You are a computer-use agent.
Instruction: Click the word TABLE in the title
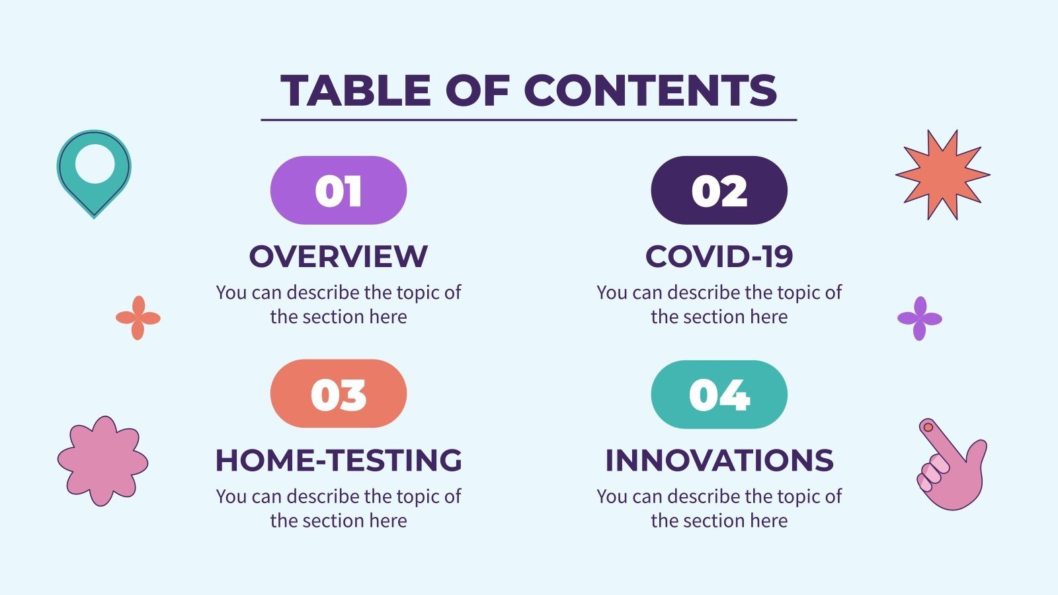pos(356,91)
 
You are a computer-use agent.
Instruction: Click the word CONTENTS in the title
pos(651,91)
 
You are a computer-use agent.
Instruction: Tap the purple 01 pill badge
pos(339,191)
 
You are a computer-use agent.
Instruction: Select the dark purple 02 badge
pos(719,191)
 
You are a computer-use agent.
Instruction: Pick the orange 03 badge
pos(339,394)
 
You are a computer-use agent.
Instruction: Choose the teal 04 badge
pos(719,395)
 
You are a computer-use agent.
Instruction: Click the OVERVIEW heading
pos(339,257)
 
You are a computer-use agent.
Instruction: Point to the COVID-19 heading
pos(719,257)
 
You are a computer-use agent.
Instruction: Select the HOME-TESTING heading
pos(339,460)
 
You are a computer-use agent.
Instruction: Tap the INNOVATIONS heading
pos(719,460)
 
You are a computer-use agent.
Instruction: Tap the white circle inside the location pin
pos(95,164)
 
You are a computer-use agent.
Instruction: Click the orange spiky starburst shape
pos(942,175)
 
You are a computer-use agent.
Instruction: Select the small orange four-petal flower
pos(138,318)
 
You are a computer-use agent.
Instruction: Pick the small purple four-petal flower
pos(920,319)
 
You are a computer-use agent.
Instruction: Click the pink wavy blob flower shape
pos(102,461)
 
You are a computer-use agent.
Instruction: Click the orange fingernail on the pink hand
pos(928,427)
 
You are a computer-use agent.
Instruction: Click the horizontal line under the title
pos(529,120)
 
